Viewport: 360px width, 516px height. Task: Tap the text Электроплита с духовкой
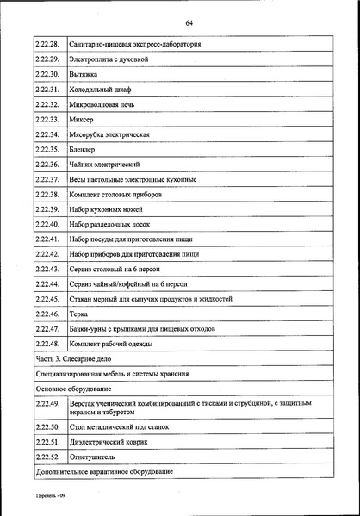(108, 59)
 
